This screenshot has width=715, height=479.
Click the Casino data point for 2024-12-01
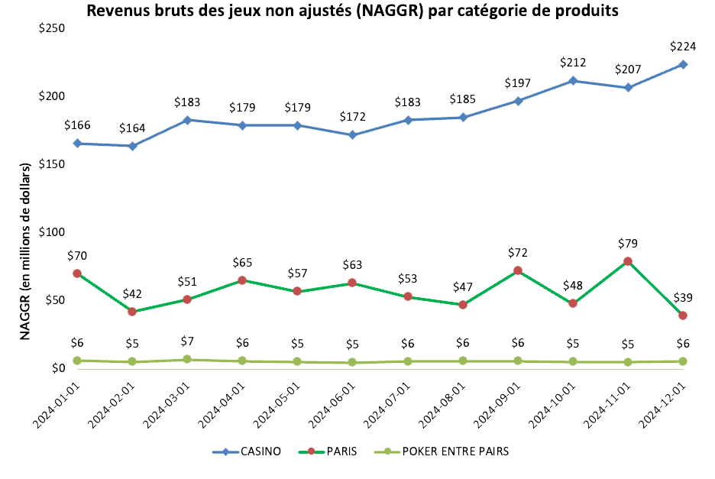tap(683, 64)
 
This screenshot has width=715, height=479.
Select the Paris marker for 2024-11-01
tap(628, 261)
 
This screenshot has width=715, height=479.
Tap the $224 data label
tap(683, 47)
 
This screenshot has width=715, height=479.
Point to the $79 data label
tap(628, 244)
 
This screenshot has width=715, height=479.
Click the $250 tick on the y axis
tap(52, 28)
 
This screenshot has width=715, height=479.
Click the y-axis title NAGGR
tap(24, 251)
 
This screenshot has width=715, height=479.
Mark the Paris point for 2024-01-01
tap(77, 273)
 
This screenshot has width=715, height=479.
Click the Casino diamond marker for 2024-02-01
tap(132, 146)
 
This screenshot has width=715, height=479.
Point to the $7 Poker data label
tap(187, 341)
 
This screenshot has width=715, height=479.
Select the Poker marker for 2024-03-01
tap(187, 359)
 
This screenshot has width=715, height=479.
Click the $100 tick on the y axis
tap(52, 232)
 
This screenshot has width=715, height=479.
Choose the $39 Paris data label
tap(683, 298)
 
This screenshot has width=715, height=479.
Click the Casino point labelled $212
tap(573, 81)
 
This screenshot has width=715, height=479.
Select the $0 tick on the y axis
tap(58, 368)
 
